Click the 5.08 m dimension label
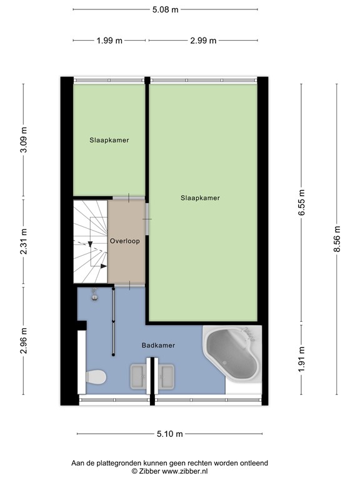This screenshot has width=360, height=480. tap(166, 9)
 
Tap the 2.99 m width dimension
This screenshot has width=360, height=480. tap(204, 41)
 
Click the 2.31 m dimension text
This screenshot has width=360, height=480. tap(24, 243)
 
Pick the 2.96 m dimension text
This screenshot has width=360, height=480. tap(24, 341)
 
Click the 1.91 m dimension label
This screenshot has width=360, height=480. tap(302, 359)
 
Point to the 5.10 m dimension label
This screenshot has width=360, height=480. tap(170, 434)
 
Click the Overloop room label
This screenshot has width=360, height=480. tap(125, 241)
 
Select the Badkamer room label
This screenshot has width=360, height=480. tap(157, 345)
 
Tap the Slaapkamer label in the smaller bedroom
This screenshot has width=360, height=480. tap(109, 141)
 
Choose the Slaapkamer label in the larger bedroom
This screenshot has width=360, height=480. tap(200, 198)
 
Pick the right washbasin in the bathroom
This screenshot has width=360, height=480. tap(167, 376)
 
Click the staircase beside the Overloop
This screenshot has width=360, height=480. tap(90, 241)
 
